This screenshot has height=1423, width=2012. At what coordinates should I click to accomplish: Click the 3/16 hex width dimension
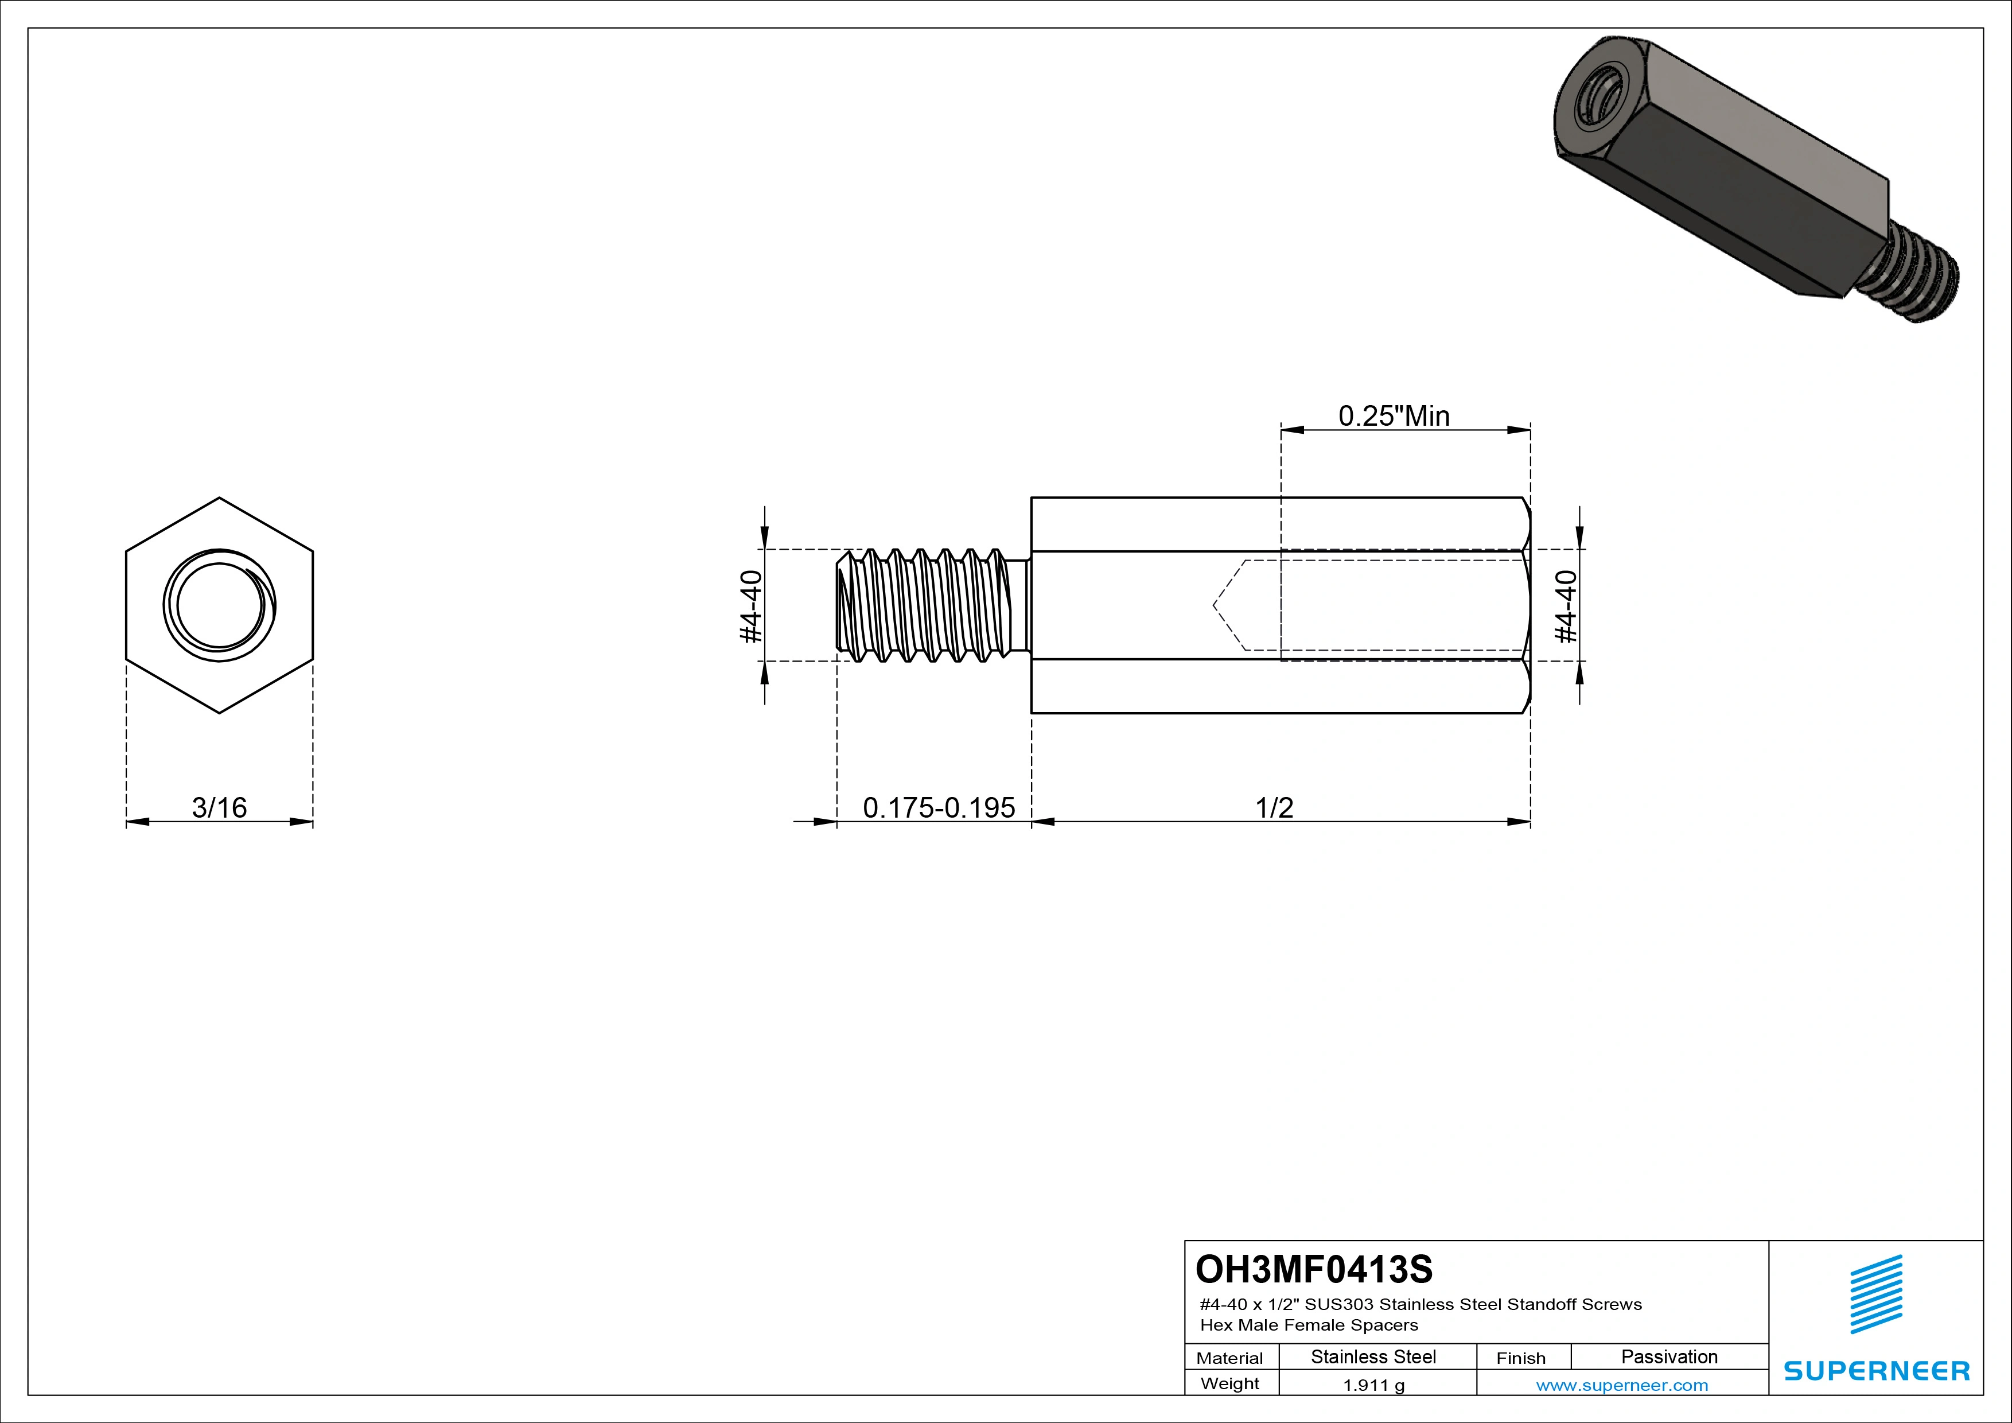(219, 807)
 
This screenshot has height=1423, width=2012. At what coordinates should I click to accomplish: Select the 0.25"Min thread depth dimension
(1394, 415)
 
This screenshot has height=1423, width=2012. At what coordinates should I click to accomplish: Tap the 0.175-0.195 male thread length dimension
(939, 807)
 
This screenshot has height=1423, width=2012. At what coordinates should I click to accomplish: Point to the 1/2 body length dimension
(1274, 807)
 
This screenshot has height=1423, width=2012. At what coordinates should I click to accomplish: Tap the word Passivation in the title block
(1668, 1356)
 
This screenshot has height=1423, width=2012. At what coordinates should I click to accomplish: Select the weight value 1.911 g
(1373, 1385)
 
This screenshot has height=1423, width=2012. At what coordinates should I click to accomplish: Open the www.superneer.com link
(1621, 1385)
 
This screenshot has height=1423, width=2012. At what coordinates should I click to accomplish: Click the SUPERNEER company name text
(1876, 1370)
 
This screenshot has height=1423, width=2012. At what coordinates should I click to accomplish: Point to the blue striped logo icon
(1876, 1294)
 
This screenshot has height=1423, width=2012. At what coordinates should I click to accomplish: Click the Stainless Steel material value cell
(1373, 1356)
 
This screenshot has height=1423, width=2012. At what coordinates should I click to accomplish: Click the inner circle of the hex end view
(219, 605)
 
